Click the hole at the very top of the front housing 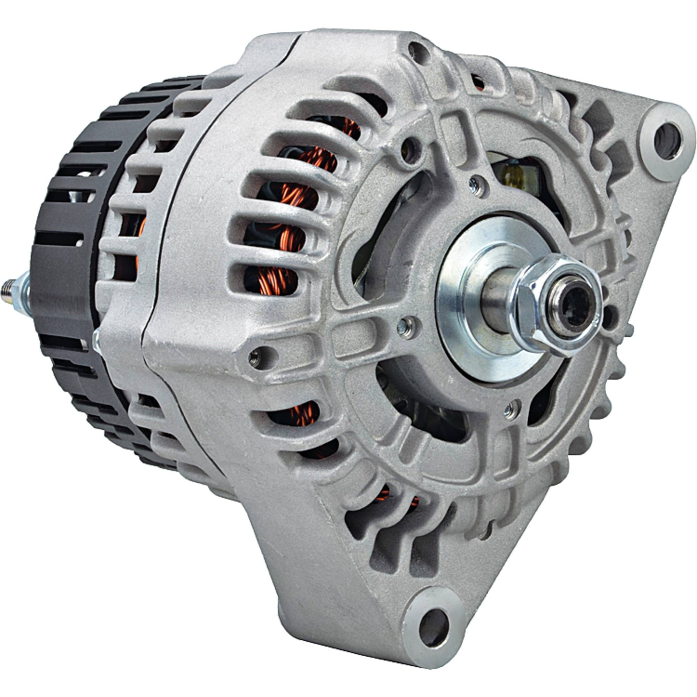[x=419, y=51]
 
